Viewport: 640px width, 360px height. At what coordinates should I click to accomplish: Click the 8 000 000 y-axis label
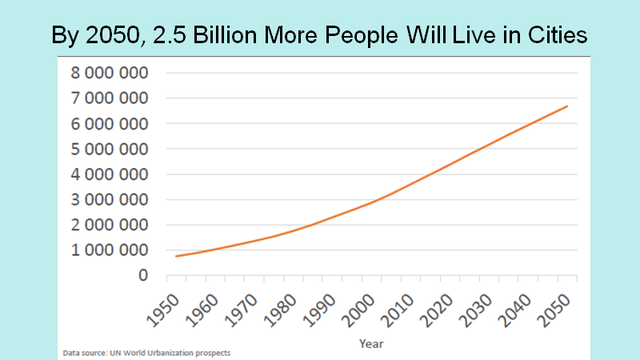coord(110,73)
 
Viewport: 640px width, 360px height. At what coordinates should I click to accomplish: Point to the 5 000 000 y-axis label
coord(110,149)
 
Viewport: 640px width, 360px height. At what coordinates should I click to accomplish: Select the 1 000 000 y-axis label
coord(110,250)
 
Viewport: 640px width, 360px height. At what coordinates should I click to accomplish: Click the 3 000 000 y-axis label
coord(110,199)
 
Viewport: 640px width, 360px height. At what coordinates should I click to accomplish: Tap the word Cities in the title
coord(551,37)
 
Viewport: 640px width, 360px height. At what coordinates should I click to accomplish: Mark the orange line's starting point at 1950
coord(176,256)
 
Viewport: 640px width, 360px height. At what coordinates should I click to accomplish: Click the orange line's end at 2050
coord(568,106)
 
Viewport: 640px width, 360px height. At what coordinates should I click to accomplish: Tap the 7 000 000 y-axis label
coord(110,98)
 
